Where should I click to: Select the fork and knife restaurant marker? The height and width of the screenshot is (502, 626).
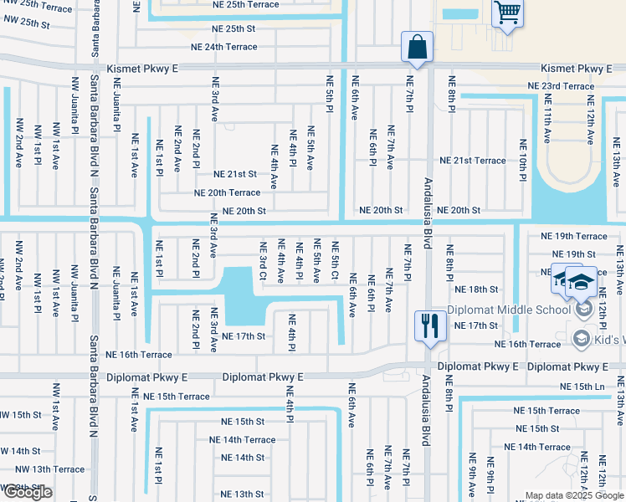coord(431,325)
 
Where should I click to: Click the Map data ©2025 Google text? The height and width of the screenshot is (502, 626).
coord(573,495)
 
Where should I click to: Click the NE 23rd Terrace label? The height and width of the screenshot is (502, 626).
coord(561,86)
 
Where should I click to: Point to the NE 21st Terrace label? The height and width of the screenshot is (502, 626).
coord(473,161)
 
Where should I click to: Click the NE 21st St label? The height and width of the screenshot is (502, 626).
coord(234,174)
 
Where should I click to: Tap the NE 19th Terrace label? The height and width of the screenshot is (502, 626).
coord(573,237)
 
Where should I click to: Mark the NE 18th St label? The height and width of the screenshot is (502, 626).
coord(476,289)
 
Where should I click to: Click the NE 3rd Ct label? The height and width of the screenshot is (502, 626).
coord(263,261)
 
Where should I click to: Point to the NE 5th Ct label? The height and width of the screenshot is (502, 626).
coord(335,261)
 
